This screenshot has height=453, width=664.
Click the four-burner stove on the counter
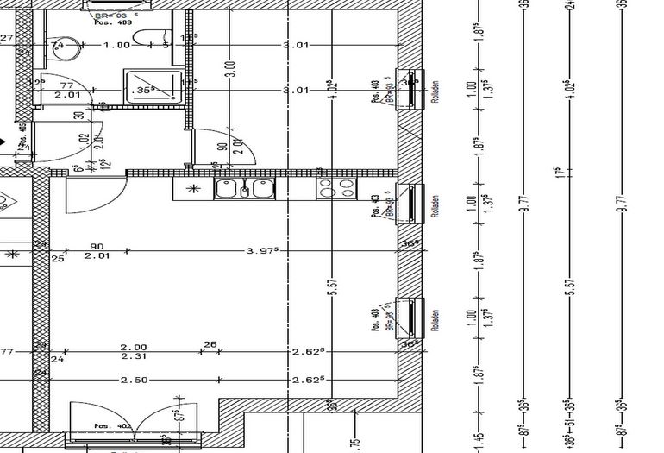(x=337, y=188)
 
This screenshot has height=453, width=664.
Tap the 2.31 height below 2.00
(x=134, y=355)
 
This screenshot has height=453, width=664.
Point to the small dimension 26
(x=210, y=344)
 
